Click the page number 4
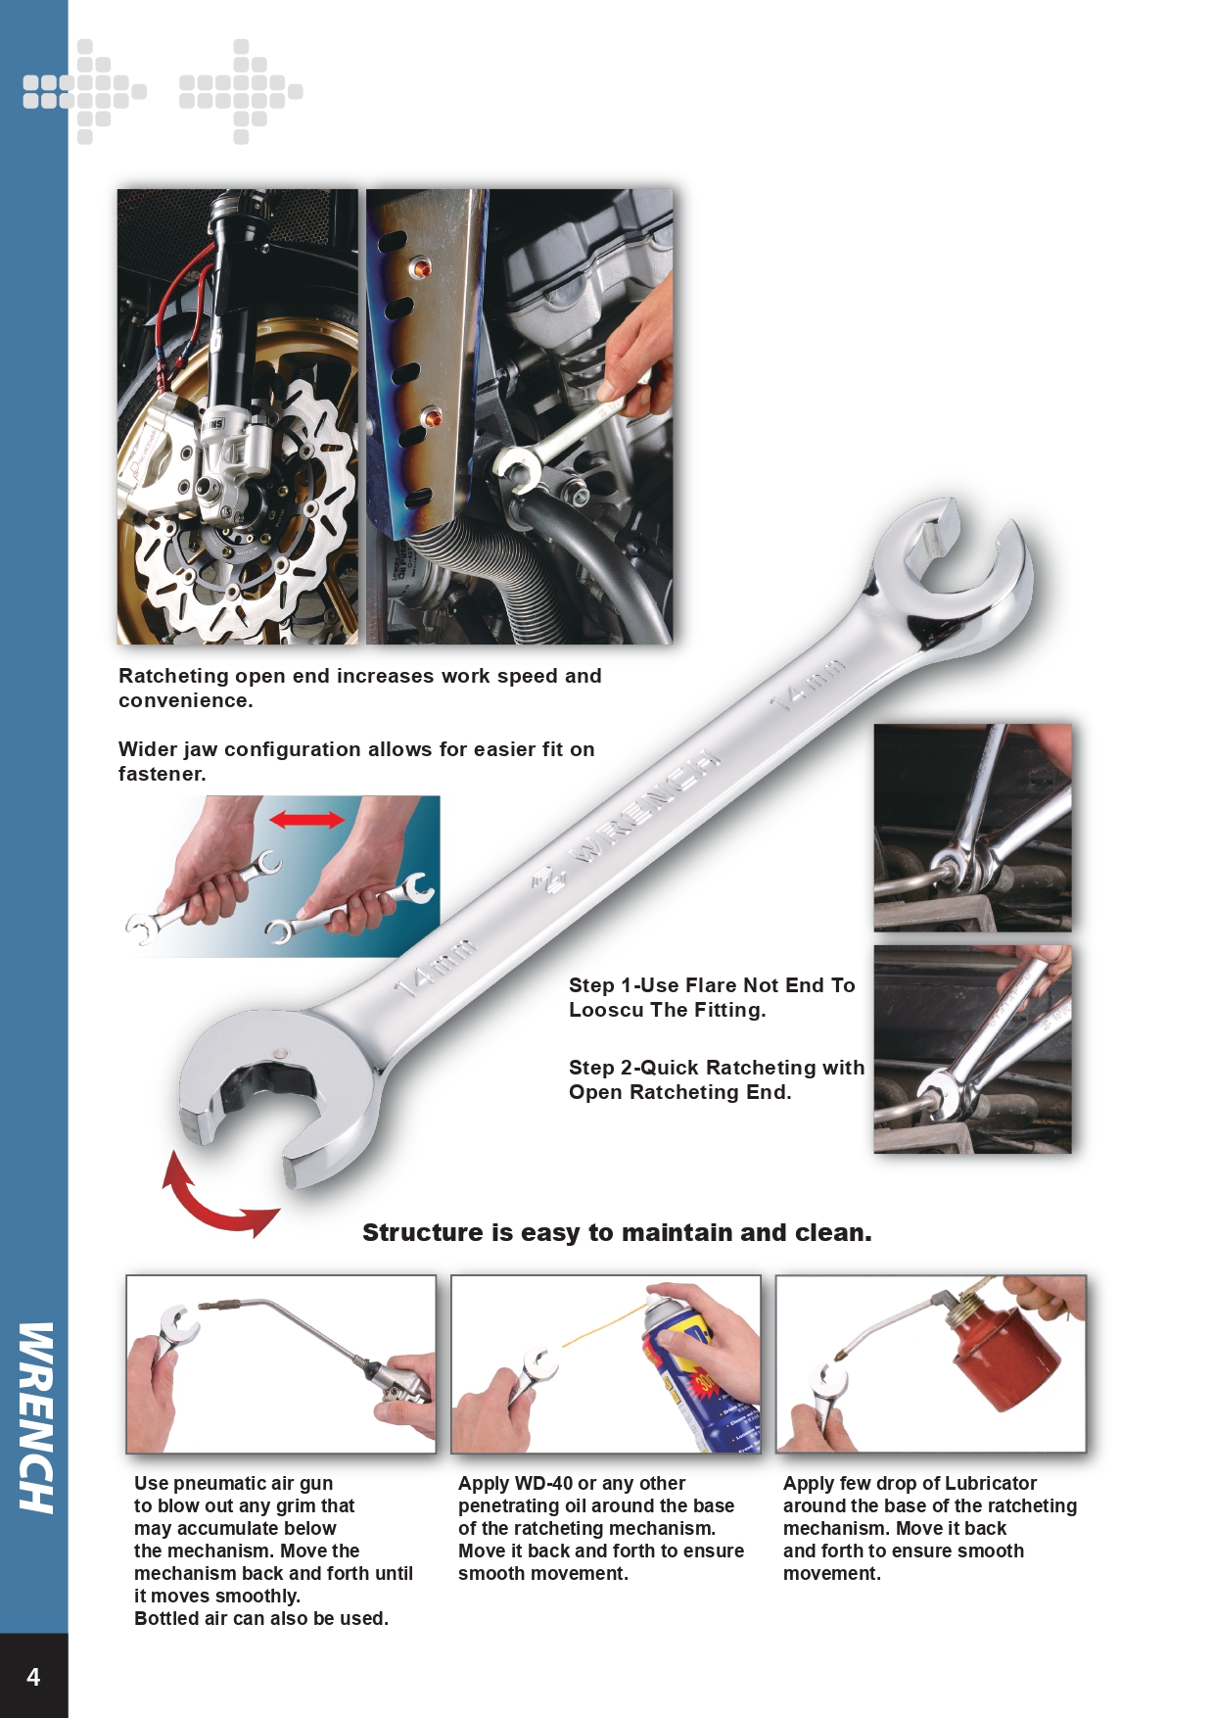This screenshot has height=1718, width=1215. (x=33, y=1677)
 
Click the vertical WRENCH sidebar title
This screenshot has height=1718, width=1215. (x=35, y=1417)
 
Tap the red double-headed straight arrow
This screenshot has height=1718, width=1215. (x=307, y=819)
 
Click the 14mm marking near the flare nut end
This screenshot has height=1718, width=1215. (x=806, y=684)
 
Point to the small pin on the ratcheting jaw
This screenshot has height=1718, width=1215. (x=282, y=1053)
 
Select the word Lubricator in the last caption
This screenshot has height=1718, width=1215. (x=991, y=1483)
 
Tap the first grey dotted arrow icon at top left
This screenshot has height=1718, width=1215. (x=84, y=91)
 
